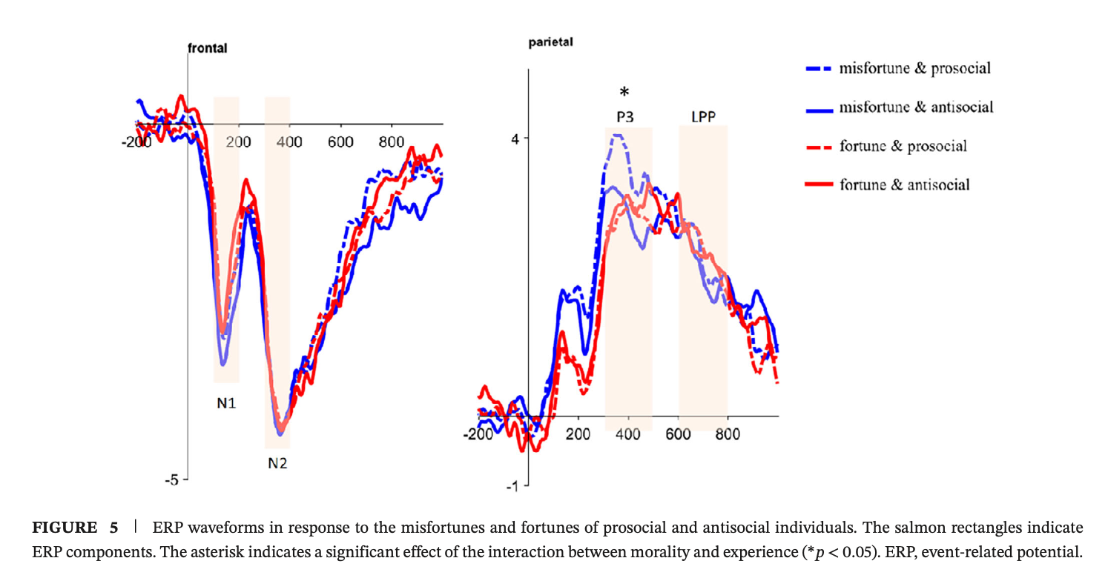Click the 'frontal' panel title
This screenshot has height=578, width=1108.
coord(207,48)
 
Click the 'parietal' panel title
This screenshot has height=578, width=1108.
coord(550,42)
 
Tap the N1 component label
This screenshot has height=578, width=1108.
coord(226,404)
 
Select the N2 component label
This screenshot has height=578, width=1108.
coord(277,465)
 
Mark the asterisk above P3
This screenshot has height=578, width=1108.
coord(624,92)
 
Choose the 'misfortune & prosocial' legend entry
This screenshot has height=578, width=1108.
coord(914,69)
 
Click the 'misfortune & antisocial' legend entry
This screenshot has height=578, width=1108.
coord(916,107)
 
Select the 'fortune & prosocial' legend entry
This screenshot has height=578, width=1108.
coord(903,146)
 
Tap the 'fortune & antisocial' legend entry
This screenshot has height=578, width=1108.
coord(904,185)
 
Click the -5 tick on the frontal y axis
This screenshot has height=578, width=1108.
coord(171,480)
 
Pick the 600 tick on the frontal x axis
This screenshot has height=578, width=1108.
coord(340,141)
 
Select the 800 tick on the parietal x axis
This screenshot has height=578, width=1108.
coord(728,434)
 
